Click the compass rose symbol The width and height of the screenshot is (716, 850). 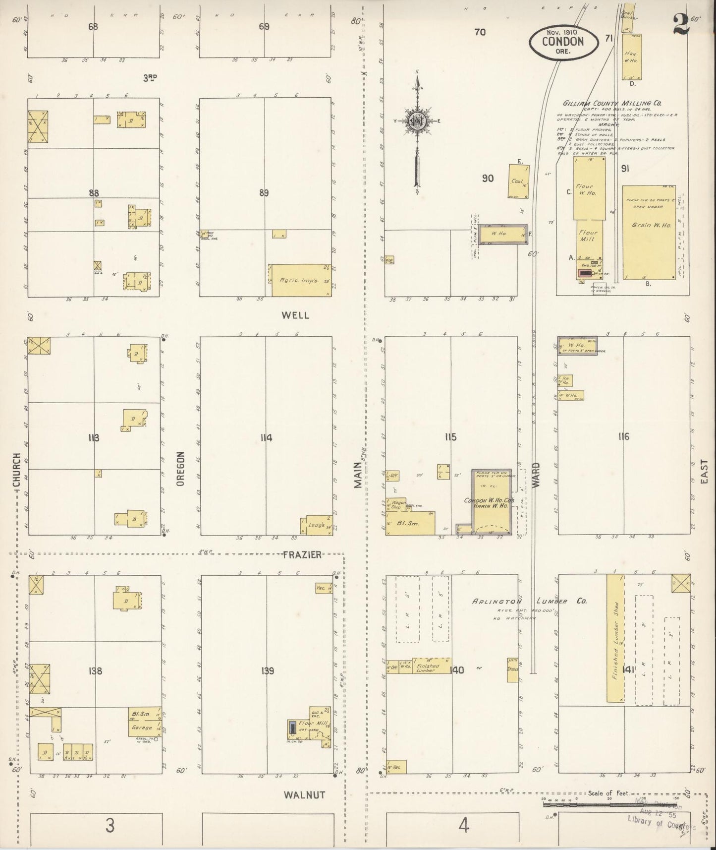click(x=417, y=121)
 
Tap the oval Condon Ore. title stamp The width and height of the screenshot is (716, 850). click(x=562, y=41)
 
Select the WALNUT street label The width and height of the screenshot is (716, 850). click(x=304, y=795)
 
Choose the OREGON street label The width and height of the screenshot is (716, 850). click(x=180, y=468)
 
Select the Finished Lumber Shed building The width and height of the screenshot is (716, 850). click(x=616, y=638)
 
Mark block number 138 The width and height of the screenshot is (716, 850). click(x=95, y=671)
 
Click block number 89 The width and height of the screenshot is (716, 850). click(x=264, y=193)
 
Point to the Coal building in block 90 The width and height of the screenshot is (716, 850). click(x=518, y=181)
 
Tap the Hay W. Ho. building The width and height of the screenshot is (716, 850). click(x=631, y=57)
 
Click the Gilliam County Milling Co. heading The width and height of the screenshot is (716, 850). click(x=612, y=103)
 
